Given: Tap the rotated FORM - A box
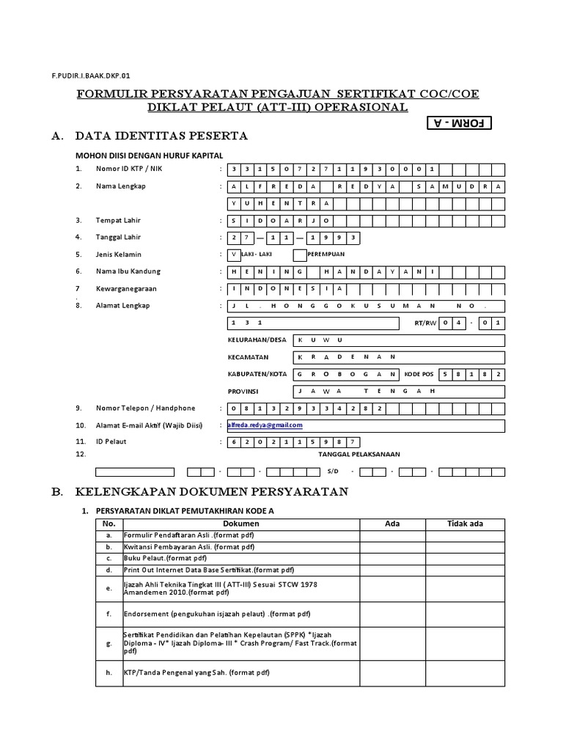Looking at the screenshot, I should pyautogui.click(x=459, y=124).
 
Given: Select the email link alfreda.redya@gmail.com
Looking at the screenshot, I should pyautogui.click(x=265, y=425).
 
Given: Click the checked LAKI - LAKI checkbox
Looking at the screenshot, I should pyautogui.click(x=235, y=255).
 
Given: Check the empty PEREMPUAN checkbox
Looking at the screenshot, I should pyautogui.click(x=300, y=255).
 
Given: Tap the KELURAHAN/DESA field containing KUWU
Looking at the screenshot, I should pyautogui.click(x=399, y=340).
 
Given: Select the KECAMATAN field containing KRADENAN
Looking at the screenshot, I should pyautogui.click(x=399, y=357).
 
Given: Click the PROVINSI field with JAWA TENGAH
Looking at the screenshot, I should pyautogui.click(x=399, y=391).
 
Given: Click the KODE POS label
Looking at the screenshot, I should pyautogui.click(x=419, y=374).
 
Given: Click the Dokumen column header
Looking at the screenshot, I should pyautogui.click(x=240, y=524).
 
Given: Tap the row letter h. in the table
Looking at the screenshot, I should pyautogui.click(x=109, y=671).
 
